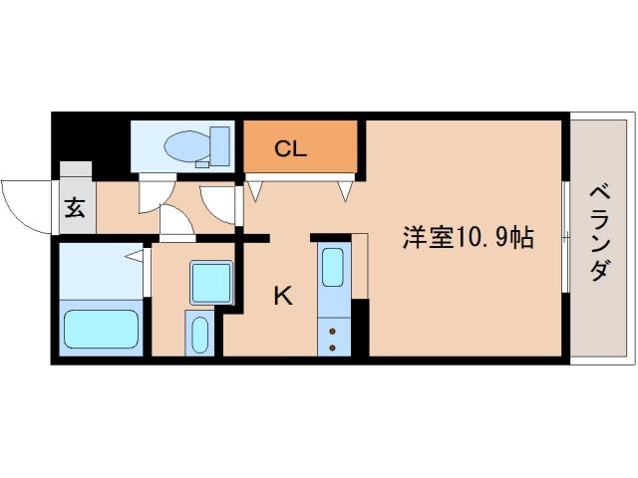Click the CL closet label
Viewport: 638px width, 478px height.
[x=290, y=150]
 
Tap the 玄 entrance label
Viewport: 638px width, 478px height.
[x=75, y=208]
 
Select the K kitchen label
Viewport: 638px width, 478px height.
[x=283, y=295]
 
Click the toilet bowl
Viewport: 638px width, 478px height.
[x=184, y=143]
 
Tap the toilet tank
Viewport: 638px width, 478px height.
[x=220, y=145]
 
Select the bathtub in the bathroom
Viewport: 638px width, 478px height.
[x=101, y=328]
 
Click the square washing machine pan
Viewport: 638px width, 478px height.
[x=211, y=282]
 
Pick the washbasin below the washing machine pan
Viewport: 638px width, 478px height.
[x=198, y=332]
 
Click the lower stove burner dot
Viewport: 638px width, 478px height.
[x=332, y=348]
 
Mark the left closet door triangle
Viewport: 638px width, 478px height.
[x=254, y=186]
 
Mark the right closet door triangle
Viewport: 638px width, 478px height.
[x=346, y=188]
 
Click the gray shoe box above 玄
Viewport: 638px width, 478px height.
[x=76, y=171]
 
